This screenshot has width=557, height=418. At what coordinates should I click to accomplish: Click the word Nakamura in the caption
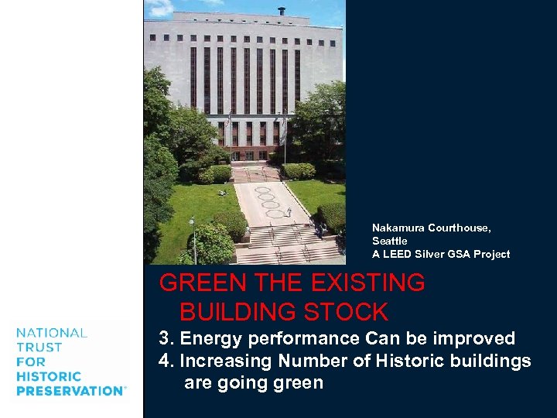coord(397,228)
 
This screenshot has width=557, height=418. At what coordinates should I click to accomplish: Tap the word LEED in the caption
coord(398,255)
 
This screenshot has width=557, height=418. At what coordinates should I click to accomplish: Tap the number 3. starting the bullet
coord(166,338)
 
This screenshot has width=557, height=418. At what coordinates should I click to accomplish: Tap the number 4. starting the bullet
coord(166,361)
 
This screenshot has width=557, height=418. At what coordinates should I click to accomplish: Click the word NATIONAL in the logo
coord(52,333)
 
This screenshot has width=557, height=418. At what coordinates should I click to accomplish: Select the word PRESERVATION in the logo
coord(70,391)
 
